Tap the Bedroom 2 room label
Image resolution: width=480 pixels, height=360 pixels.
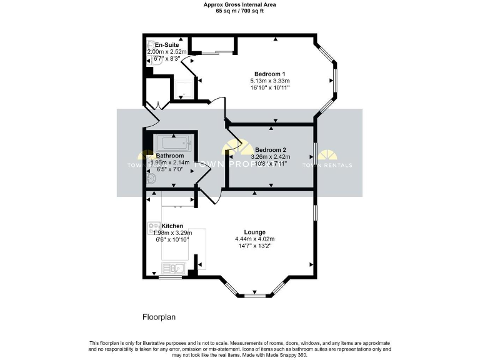coord(271,150)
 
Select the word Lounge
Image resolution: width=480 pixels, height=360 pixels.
coord(254,232)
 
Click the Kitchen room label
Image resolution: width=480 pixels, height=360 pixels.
coord(172,226)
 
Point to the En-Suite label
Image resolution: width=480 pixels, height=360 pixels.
coord(167,44)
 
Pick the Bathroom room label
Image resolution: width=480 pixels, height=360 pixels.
coord(169,156)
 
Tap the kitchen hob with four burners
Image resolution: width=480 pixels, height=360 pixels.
coord(154,227)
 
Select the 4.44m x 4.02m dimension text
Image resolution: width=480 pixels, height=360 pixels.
coord(254,239)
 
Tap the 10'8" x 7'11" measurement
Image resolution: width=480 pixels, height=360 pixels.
coord(271,164)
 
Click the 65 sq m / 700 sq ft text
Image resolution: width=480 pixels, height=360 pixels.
coord(240,11)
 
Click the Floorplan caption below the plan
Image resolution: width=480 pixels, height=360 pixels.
coord(159,317)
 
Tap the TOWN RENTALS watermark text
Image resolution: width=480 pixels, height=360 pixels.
coord(327,165)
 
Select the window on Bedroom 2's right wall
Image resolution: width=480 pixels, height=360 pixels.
coord(314,154)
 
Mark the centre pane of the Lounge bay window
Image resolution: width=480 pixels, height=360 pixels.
coord(254,295)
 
